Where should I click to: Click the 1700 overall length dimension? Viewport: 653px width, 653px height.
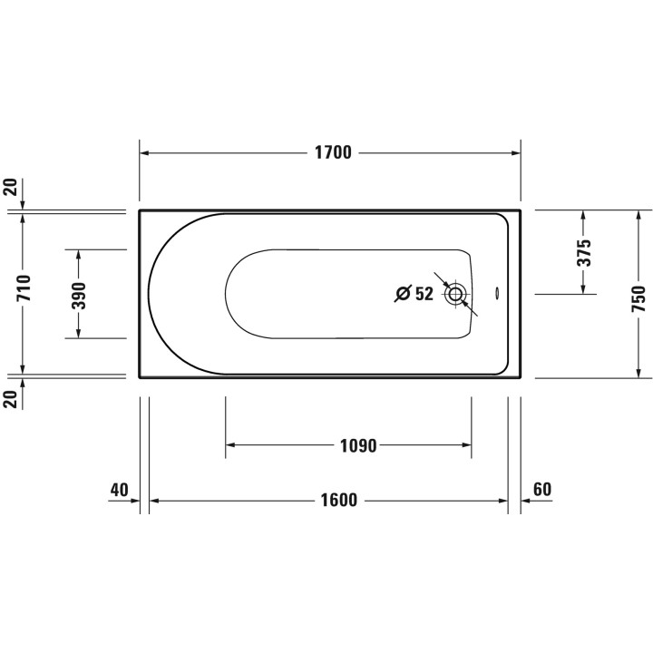(333, 153)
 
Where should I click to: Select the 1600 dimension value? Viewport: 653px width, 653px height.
(338, 500)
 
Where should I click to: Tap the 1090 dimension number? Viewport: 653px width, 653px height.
(358, 445)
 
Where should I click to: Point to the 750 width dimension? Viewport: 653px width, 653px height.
(638, 298)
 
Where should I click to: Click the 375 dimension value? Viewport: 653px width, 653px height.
(583, 252)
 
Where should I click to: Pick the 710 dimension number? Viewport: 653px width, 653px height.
(24, 288)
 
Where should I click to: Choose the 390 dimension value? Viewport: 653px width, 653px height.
(79, 296)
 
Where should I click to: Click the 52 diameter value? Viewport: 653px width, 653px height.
(424, 294)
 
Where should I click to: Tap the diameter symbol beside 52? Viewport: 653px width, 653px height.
(403, 294)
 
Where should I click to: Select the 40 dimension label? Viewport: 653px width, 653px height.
(120, 490)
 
